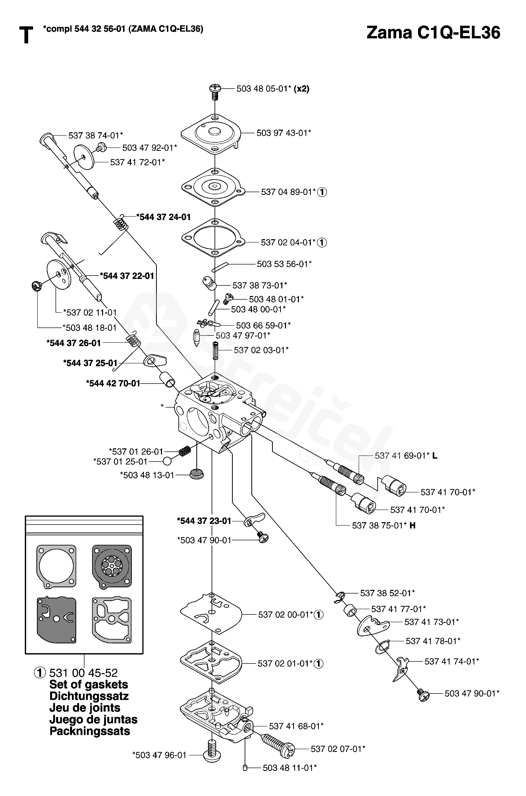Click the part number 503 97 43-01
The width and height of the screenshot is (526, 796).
[x=283, y=133]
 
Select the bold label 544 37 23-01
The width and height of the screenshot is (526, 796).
[x=204, y=521]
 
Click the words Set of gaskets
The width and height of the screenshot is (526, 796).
[x=89, y=684]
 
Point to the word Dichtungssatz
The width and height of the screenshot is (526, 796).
[x=89, y=696]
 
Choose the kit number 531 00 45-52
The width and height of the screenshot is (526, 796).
[x=83, y=673]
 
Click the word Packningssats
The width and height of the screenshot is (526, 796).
[x=90, y=731]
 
